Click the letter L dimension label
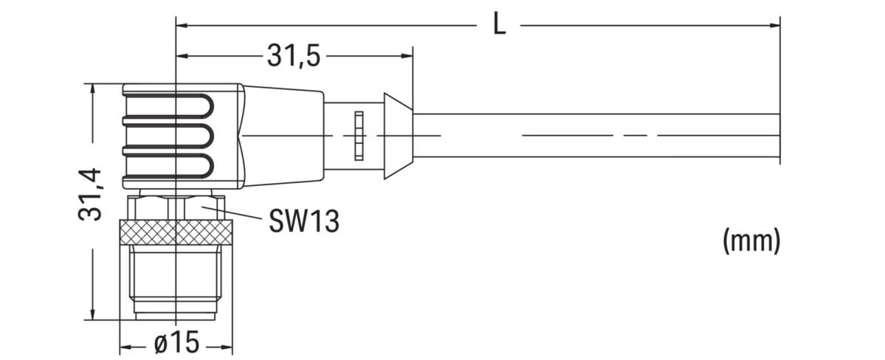(500, 25)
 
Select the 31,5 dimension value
(293, 56)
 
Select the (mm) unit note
(751, 240)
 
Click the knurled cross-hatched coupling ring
(176, 232)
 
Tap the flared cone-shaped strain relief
(396, 136)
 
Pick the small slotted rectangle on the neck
(359, 136)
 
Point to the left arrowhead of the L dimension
(182, 25)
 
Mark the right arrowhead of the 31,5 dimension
(407, 56)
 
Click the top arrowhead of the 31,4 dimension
(92, 89)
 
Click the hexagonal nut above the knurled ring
(176, 205)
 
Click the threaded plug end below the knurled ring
(176, 284)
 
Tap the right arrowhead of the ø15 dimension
(227, 345)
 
